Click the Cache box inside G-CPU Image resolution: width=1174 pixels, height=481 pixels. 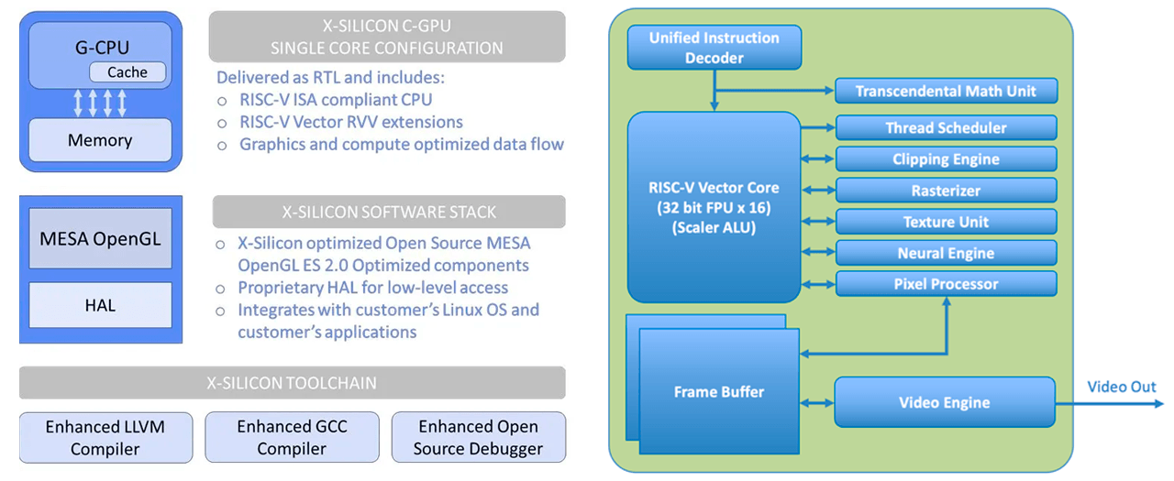[127, 72]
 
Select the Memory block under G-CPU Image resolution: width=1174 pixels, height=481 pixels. [100, 140]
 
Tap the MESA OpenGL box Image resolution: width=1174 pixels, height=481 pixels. [100, 239]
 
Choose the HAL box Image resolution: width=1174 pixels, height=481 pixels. [100, 305]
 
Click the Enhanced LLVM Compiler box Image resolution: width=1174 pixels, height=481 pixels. [105, 437]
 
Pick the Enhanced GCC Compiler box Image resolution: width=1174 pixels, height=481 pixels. [292, 437]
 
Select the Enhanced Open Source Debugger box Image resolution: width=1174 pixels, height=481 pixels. [478, 437]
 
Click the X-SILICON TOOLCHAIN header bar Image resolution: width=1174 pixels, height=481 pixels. [292, 383]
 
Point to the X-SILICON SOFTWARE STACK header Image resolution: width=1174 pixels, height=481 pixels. [389, 212]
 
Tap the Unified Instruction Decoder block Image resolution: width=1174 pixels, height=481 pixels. [714, 48]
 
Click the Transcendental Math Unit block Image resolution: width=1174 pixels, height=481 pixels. [946, 91]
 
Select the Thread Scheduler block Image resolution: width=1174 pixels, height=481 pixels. [946, 128]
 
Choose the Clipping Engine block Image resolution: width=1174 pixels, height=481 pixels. [946, 159]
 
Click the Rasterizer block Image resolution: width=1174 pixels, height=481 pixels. [946, 191]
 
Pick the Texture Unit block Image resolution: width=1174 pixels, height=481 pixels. [946, 222]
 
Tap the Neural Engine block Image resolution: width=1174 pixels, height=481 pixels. [946, 253]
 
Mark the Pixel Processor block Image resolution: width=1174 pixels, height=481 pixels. [946, 284]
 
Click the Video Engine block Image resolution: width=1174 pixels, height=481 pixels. [945, 402]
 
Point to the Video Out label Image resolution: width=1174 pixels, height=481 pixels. [1121, 387]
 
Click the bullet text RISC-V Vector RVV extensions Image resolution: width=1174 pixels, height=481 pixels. [351, 122]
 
